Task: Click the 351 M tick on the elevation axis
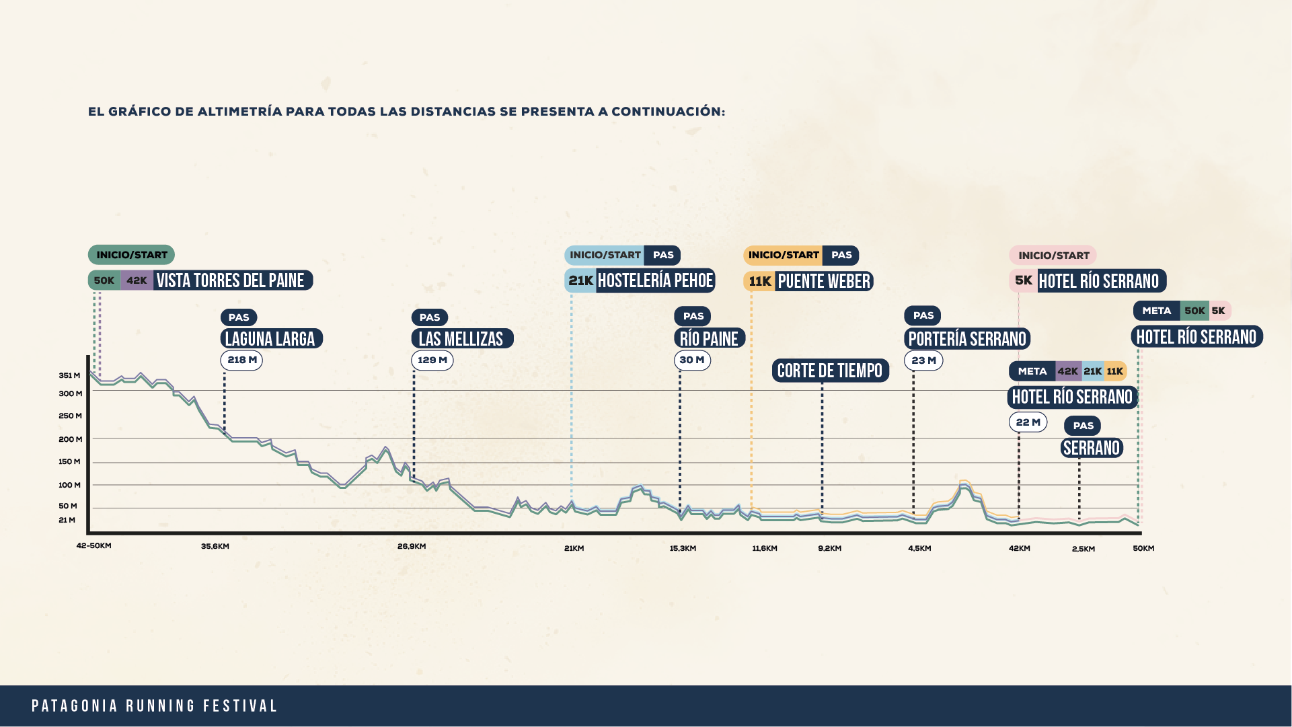coord(69,375)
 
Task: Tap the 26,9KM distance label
coord(411,546)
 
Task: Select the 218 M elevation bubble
coord(241,360)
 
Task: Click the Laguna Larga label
coord(270,338)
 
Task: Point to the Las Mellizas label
coord(461,338)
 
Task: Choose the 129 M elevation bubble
coord(432,360)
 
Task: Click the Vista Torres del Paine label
coord(231,280)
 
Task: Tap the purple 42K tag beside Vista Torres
coord(137,280)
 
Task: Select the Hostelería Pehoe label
coord(655,280)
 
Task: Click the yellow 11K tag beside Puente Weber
coord(760,281)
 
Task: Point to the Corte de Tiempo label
coord(830,371)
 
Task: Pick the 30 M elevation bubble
coord(691,360)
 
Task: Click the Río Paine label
coord(709,338)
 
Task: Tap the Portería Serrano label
coord(967,338)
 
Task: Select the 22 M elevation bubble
coord(1028,422)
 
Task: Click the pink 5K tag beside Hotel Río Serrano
coord(1023,280)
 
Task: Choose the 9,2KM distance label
coord(829,548)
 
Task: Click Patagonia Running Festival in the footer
coord(155,706)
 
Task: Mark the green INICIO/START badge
coord(131,255)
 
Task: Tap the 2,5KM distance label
coord(1083,549)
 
